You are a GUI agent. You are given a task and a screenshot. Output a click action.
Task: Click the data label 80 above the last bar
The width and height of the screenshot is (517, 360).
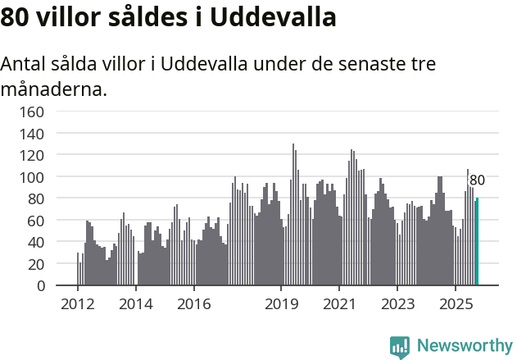(x=477, y=180)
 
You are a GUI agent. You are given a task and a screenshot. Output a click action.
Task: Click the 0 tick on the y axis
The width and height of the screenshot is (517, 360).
(x=40, y=286)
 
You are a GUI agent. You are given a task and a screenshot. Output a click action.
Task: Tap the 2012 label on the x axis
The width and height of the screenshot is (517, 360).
(x=78, y=304)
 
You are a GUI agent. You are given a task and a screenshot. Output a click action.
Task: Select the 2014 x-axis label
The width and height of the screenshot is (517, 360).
(x=136, y=304)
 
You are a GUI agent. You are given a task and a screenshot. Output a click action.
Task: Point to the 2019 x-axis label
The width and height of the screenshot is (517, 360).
(x=281, y=304)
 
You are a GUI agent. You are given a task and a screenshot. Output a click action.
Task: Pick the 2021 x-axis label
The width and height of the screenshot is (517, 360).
(x=338, y=304)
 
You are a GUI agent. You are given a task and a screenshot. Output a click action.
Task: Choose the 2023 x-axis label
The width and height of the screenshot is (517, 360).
(x=397, y=304)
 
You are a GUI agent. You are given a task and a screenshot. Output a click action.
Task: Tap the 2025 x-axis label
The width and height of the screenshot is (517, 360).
(x=455, y=304)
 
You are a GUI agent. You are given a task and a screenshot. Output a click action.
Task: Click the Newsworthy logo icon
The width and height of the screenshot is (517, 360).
(x=400, y=347)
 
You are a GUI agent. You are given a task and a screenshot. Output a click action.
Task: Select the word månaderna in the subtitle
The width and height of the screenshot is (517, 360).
(x=54, y=89)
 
